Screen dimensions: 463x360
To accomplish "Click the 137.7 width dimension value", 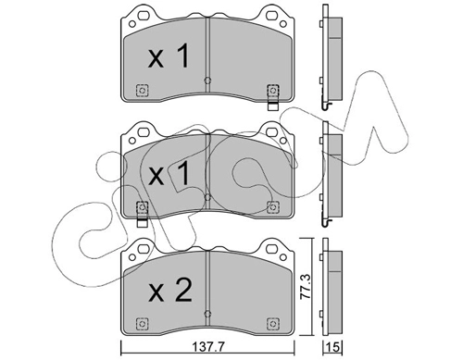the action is tap(207, 347).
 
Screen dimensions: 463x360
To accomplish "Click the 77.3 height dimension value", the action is tap(306, 288).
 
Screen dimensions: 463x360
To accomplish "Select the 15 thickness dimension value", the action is tap(333, 347).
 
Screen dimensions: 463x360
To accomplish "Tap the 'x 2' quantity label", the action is tap(169, 291).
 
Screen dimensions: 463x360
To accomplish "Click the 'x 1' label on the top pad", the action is tap(169, 56).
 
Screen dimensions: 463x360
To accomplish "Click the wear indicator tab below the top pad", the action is tap(273, 106).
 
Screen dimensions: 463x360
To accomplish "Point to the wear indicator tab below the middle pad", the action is tap(142, 223).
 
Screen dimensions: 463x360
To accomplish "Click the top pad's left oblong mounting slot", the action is tap(144, 15).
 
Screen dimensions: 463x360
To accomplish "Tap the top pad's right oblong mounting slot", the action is tap(271, 15).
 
